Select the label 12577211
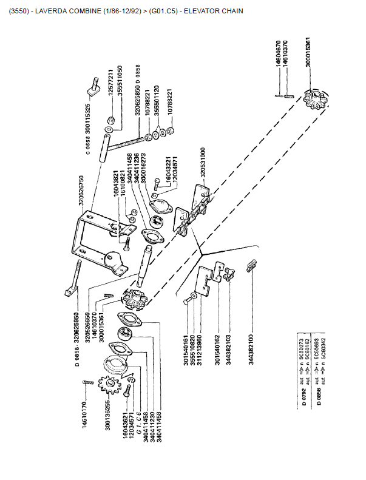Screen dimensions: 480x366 (110, 84)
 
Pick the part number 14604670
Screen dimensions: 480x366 (278, 56)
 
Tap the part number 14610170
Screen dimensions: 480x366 (84, 412)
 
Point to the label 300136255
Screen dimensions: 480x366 (107, 414)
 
